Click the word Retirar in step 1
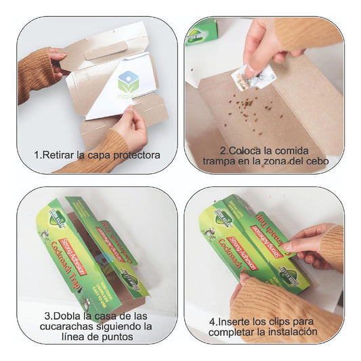(60, 154)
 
